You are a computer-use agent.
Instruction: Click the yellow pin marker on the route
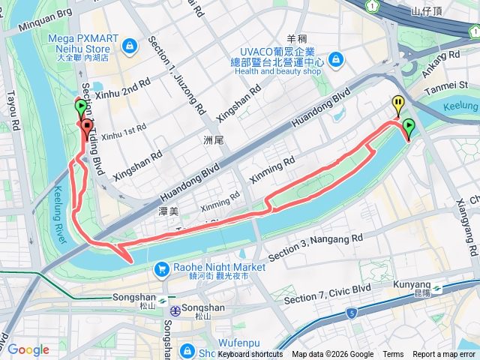click(398, 106)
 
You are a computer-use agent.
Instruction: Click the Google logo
click(28, 349)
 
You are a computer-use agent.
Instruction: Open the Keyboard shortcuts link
click(250, 354)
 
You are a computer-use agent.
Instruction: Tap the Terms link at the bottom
click(393, 354)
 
